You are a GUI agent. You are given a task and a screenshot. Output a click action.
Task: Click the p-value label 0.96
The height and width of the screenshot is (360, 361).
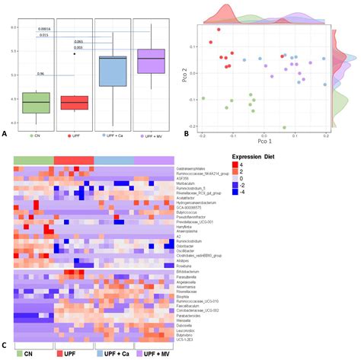[41, 74]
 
